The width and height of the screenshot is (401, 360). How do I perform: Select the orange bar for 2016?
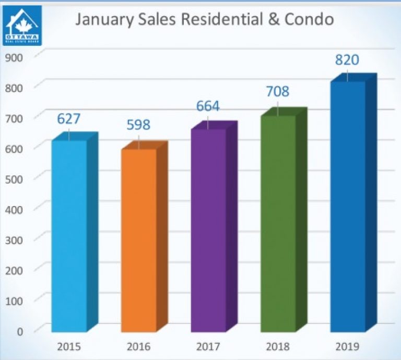[x=138, y=240]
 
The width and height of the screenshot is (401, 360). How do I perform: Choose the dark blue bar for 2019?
[x=347, y=206]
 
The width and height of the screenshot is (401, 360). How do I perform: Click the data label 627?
[x=69, y=119]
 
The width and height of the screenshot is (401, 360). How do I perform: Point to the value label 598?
[x=138, y=125]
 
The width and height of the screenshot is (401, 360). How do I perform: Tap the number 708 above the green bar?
[x=278, y=92]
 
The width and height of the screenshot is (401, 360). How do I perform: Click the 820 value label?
[x=347, y=60]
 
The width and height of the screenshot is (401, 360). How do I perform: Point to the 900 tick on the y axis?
[x=15, y=57]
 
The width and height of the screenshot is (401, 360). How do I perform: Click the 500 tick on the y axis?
[x=15, y=178]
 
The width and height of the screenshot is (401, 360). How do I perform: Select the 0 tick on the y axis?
[x=20, y=330]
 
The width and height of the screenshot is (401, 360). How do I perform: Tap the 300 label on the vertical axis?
[x=15, y=238]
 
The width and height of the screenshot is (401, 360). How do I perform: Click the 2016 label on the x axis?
[x=138, y=346]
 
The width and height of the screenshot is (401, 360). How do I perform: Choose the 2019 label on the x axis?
[x=347, y=346]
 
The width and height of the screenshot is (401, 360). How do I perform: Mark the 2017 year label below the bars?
[x=208, y=346]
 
